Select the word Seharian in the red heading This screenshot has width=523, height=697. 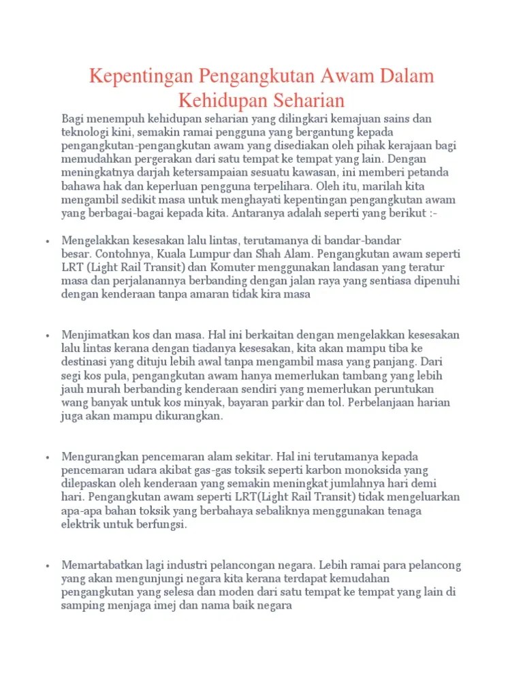tap(302, 101)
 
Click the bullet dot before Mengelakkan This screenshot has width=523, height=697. tap(48, 241)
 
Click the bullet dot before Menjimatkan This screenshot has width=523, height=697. tap(48, 336)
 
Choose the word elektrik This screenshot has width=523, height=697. tap(82, 525)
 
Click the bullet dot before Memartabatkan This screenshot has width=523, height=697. tap(48, 566)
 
